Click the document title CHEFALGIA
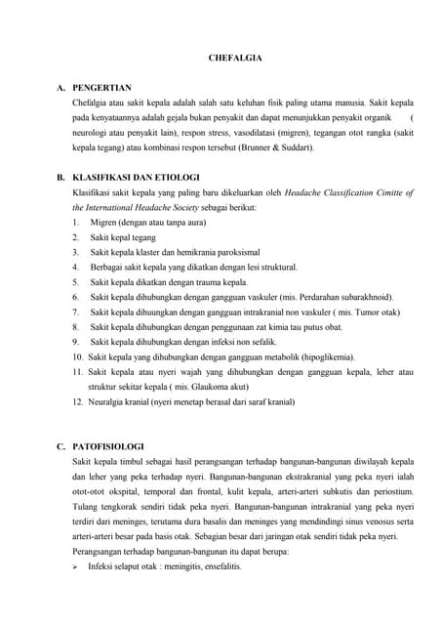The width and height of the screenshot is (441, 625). point(235,59)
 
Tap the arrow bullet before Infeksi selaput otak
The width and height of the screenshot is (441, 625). point(77,565)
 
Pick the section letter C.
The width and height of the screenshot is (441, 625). point(60,446)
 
